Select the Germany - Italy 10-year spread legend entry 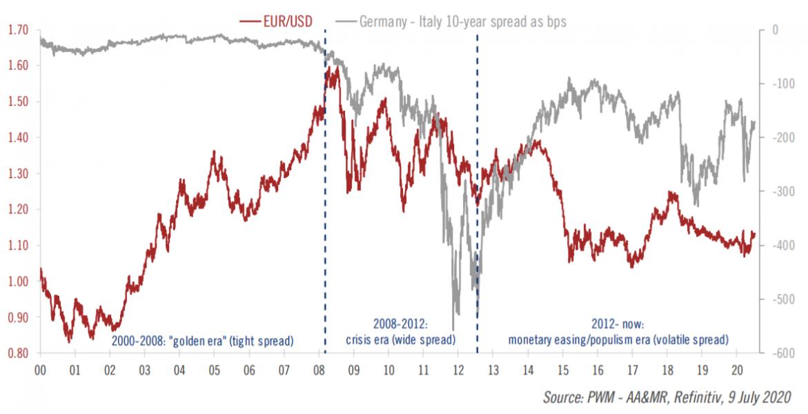point(462,21)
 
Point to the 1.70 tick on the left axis point(18,30)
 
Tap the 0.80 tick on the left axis point(18,353)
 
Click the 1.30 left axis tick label point(18,174)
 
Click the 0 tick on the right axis point(776,30)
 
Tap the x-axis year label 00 point(39,369)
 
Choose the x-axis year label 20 point(738,369)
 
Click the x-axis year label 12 point(458,369)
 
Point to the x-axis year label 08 point(319,369)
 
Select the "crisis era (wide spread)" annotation point(400,339)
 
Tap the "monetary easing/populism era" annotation point(618,339)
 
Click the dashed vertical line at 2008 point(325,207)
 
